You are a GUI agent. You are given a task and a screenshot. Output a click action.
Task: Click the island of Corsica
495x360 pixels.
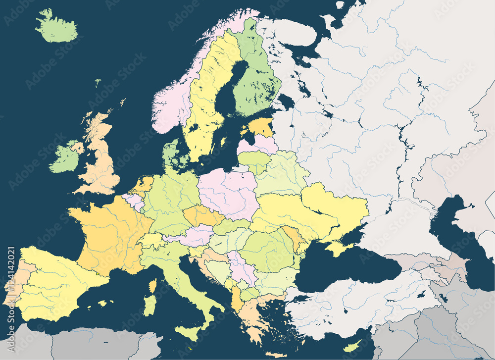[152, 286]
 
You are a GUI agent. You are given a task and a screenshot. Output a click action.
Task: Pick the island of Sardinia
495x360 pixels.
[149, 305]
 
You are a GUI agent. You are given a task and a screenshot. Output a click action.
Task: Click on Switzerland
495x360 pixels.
[151, 240]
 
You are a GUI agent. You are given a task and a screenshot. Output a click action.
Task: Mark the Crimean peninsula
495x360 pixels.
[339, 248]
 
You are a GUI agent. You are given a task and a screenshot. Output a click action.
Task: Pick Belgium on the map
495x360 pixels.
[133, 201]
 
